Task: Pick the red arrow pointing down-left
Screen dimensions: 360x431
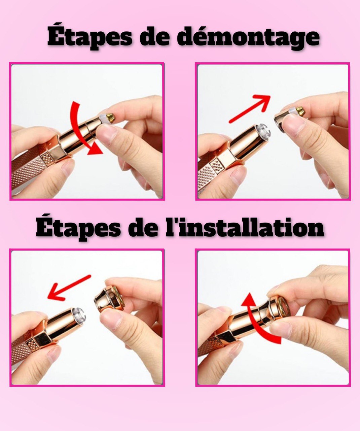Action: tap(69, 288)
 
